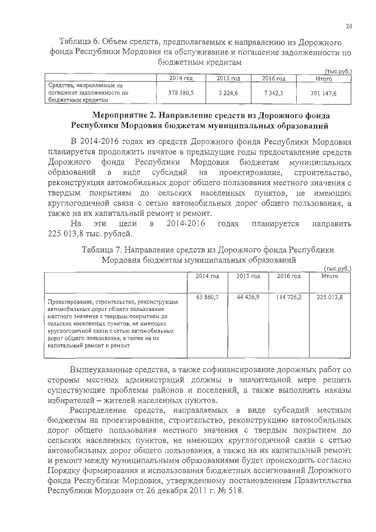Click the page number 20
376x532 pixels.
[348, 26]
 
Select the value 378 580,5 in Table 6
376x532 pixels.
[181, 93]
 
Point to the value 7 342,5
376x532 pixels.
[273, 93]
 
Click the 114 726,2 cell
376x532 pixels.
[289, 297]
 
